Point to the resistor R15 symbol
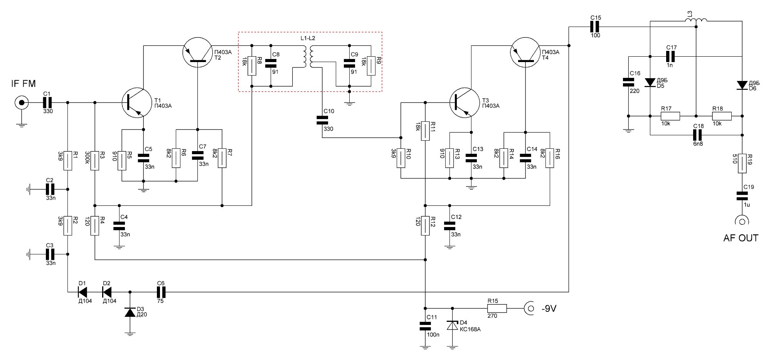pos(497,308)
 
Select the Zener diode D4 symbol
pos(452,326)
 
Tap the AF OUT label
pos(741,238)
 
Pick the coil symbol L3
pos(696,21)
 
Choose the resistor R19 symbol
pos(742,164)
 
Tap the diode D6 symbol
pos(742,85)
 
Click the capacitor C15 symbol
pos(595,27)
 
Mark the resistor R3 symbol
pos(95,160)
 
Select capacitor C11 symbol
pos(425,326)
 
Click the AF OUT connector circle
pos(742,221)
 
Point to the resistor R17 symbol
pos(670,116)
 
